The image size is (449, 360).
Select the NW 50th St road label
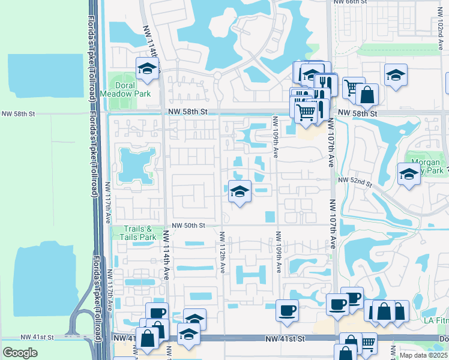[x=188, y=226]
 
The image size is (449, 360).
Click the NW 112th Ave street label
[x=222, y=253]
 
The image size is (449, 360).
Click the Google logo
[x=20, y=352]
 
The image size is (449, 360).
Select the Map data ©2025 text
[x=424, y=356]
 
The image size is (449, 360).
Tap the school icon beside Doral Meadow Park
[x=146, y=70]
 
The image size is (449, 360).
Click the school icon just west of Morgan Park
[x=409, y=175]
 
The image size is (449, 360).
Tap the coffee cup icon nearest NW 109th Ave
[x=287, y=310]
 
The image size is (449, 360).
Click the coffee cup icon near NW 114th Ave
[x=157, y=313]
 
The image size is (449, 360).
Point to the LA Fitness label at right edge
[x=436, y=321]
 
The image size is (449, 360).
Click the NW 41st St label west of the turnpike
[x=37, y=338]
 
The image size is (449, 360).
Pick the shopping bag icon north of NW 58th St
[x=367, y=94]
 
